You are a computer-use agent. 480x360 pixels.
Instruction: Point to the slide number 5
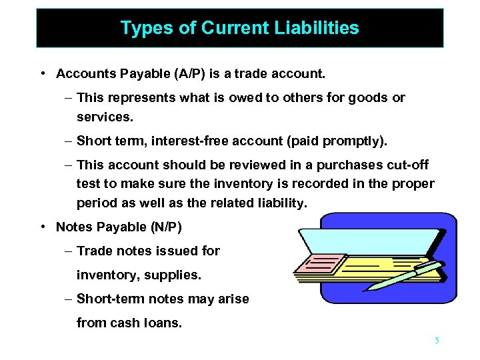point(437,341)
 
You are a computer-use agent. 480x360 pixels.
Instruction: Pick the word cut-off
point(406,165)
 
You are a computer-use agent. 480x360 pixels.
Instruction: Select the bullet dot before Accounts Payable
point(42,73)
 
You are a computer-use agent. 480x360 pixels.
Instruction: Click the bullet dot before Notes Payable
point(42,227)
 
